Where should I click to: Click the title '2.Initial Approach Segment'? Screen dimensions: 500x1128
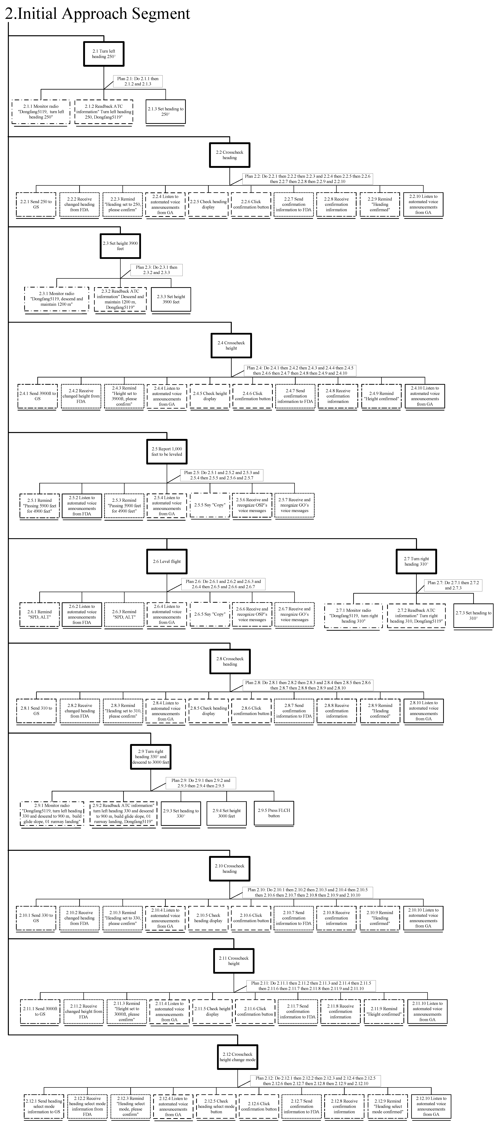click(x=97, y=14)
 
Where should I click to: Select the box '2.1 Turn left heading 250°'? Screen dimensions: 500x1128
click(x=104, y=54)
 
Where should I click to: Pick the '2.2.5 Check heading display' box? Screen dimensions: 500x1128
click(x=208, y=204)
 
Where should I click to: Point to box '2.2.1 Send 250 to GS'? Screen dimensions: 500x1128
click(x=36, y=204)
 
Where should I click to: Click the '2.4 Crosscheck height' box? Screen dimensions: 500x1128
click(x=231, y=346)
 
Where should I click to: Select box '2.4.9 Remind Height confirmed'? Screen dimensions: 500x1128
click(x=381, y=396)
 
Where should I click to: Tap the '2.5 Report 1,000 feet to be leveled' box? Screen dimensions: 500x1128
click(x=167, y=451)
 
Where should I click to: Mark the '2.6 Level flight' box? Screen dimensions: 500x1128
click(x=167, y=561)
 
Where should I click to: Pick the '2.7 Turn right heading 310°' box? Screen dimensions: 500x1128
click(x=416, y=561)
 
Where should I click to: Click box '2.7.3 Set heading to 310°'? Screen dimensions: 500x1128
click(x=473, y=616)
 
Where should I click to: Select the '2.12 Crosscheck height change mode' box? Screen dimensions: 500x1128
click(x=238, y=1057)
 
